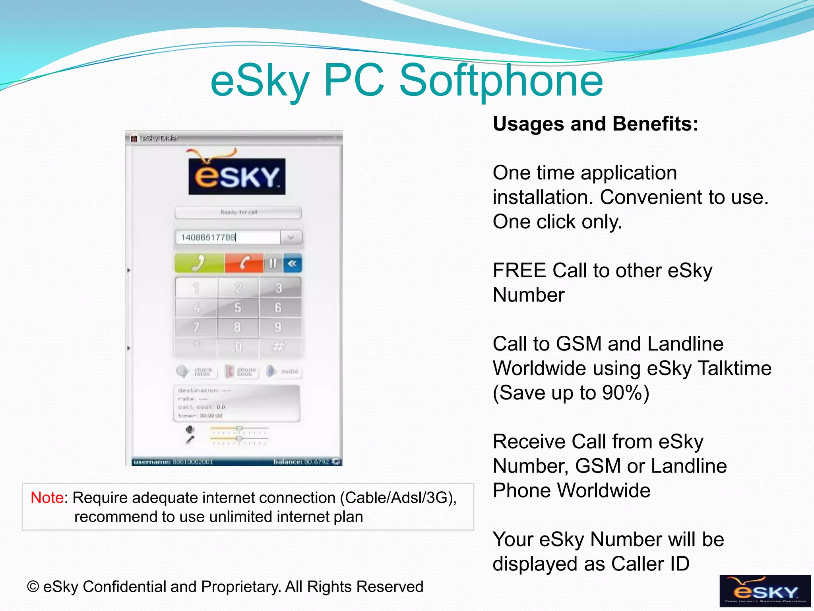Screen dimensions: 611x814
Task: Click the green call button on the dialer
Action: [199, 263]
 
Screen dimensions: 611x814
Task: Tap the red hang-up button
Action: [244, 263]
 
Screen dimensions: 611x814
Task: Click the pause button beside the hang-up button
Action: [273, 263]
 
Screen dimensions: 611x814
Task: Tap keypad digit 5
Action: [238, 307]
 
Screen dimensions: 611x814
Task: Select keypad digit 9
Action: [278, 327]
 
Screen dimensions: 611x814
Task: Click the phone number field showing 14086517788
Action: [227, 237]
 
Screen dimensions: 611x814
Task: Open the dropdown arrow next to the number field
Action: [291, 237]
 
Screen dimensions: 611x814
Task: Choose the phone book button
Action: [242, 372]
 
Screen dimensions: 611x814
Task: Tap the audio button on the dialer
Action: [284, 372]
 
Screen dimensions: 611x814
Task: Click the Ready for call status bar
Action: [238, 212]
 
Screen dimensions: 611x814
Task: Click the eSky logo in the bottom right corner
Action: [765, 591]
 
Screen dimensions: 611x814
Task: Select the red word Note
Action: [47, 498]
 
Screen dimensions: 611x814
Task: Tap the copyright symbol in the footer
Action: [33, 587]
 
